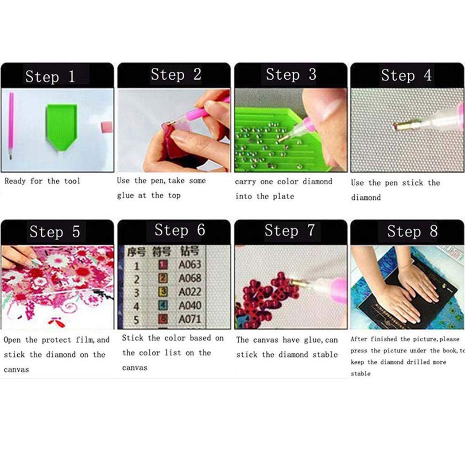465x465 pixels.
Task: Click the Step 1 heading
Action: pos(50,77)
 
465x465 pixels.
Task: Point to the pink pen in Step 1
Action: pos(11,126)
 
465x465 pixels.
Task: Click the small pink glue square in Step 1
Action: pos(107,127)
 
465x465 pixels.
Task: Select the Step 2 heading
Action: pos(176,74)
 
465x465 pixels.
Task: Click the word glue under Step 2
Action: pos(125,195)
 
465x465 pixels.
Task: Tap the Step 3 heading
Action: pos(291,75)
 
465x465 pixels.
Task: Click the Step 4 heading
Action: pos(406,76)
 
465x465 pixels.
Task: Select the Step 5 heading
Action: pos(54,232)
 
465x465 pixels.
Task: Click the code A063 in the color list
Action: pos(190,265)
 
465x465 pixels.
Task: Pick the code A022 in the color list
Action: pos(190,292)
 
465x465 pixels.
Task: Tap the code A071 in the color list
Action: pos(190,319)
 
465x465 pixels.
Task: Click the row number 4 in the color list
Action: pos(136,306)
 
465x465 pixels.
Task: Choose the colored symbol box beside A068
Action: pos(163,279)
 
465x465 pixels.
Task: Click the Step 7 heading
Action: pos(290,230)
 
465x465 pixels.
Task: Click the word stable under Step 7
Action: pos(324,355)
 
